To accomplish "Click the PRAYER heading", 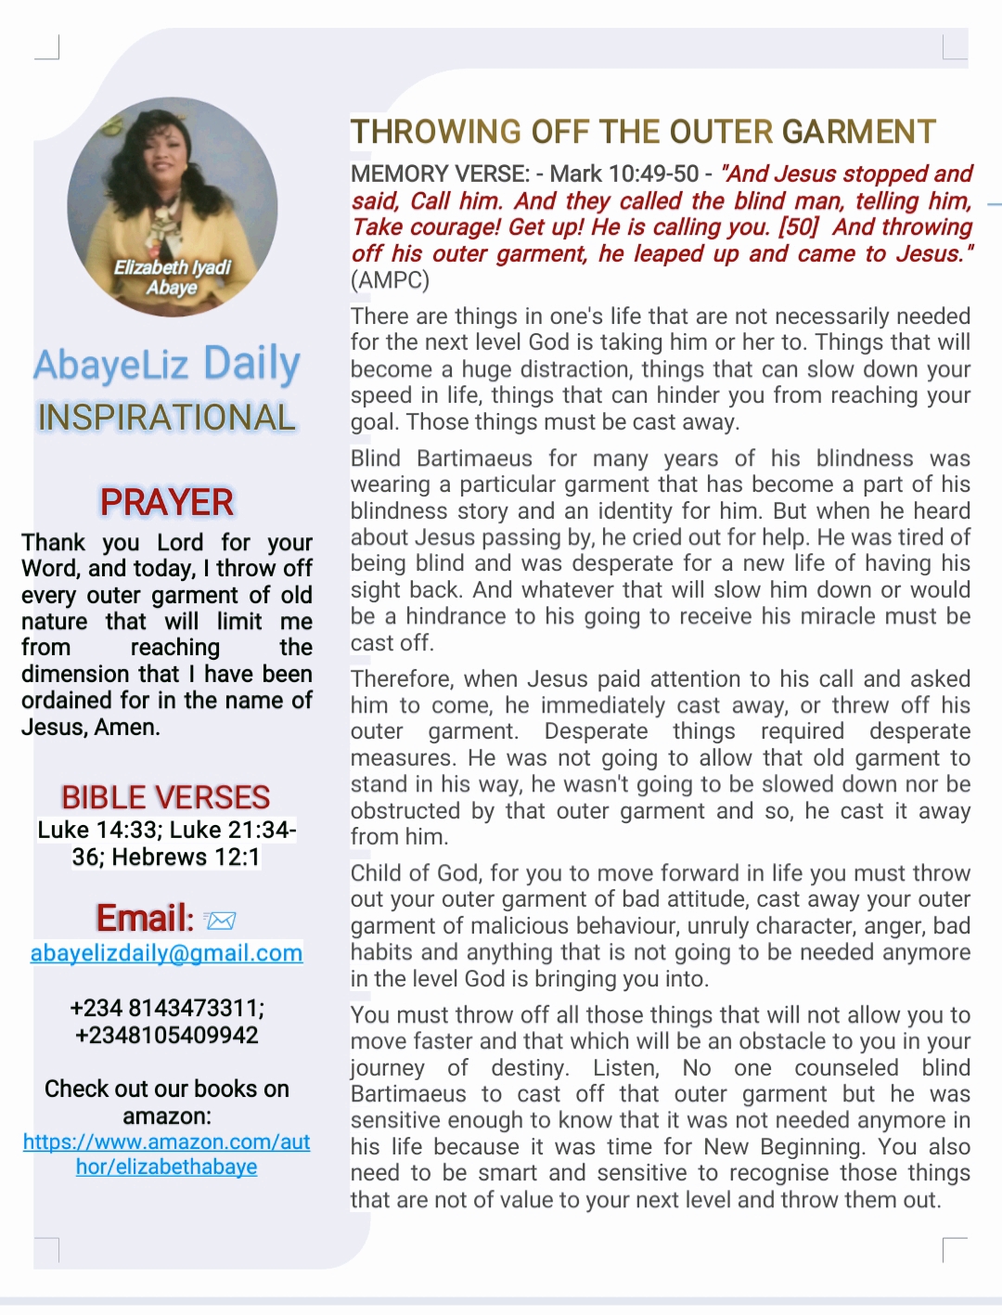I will tap(167, 502).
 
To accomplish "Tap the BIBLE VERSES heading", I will tap(165, 797).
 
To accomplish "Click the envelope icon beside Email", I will tap(221, 920).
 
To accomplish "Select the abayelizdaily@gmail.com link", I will tap(166, 953).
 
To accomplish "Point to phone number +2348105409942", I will tap(167, 1035).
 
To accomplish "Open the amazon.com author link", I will tap(167, 1154).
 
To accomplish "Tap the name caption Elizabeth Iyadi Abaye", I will tap(172, 277).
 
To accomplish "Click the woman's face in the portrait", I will tap(166, 162).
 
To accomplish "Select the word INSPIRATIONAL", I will tap(167, 418).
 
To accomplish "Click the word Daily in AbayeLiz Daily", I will tap(251, 364).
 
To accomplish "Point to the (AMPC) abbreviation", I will tap(390, 280).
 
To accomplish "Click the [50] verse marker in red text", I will tap(798, 227).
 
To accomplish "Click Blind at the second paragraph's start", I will tap(376, 458).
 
